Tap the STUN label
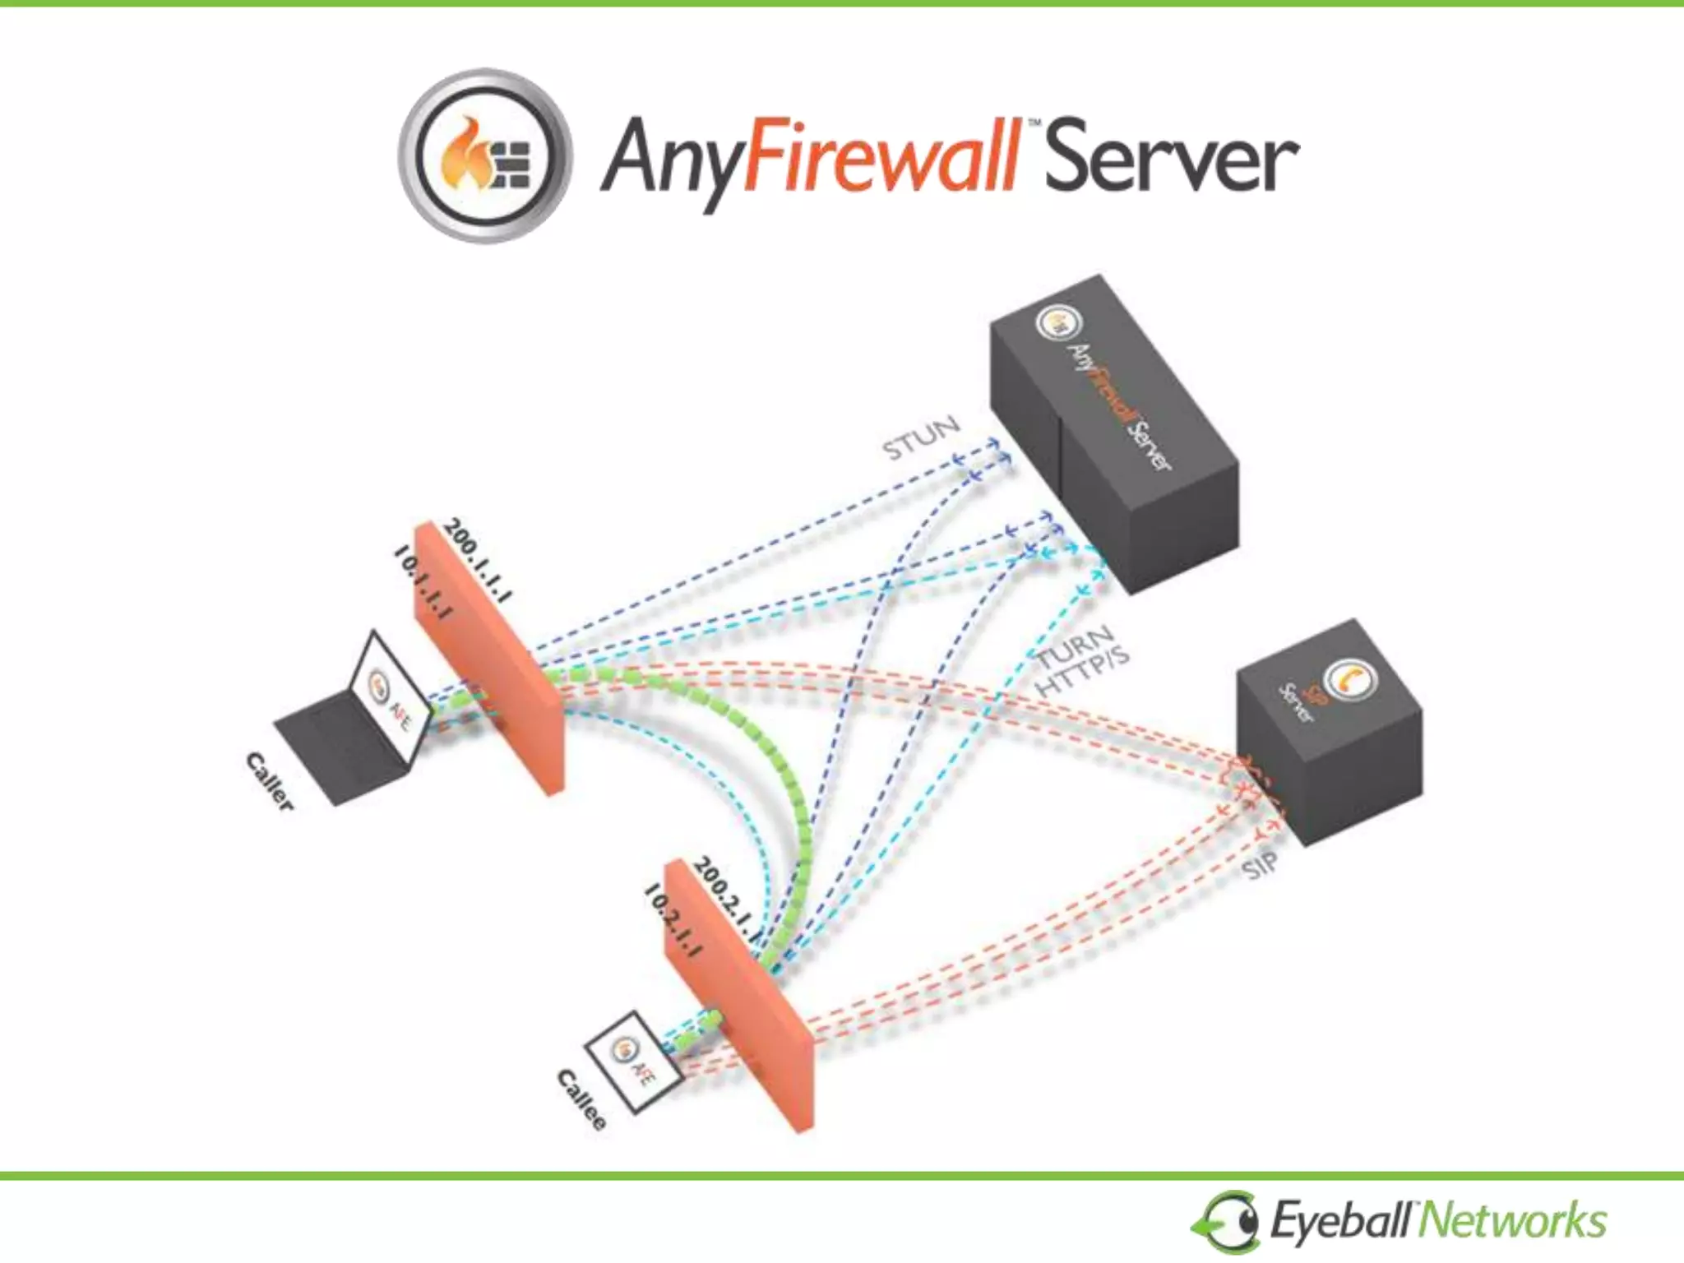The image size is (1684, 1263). (921, 437)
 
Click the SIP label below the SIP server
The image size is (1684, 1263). (1259, 864)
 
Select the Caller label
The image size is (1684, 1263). (270, 781)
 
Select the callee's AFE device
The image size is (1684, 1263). (634, 1061)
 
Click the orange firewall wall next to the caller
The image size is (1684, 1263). (489, 658)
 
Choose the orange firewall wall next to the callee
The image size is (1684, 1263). (740, 995)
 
